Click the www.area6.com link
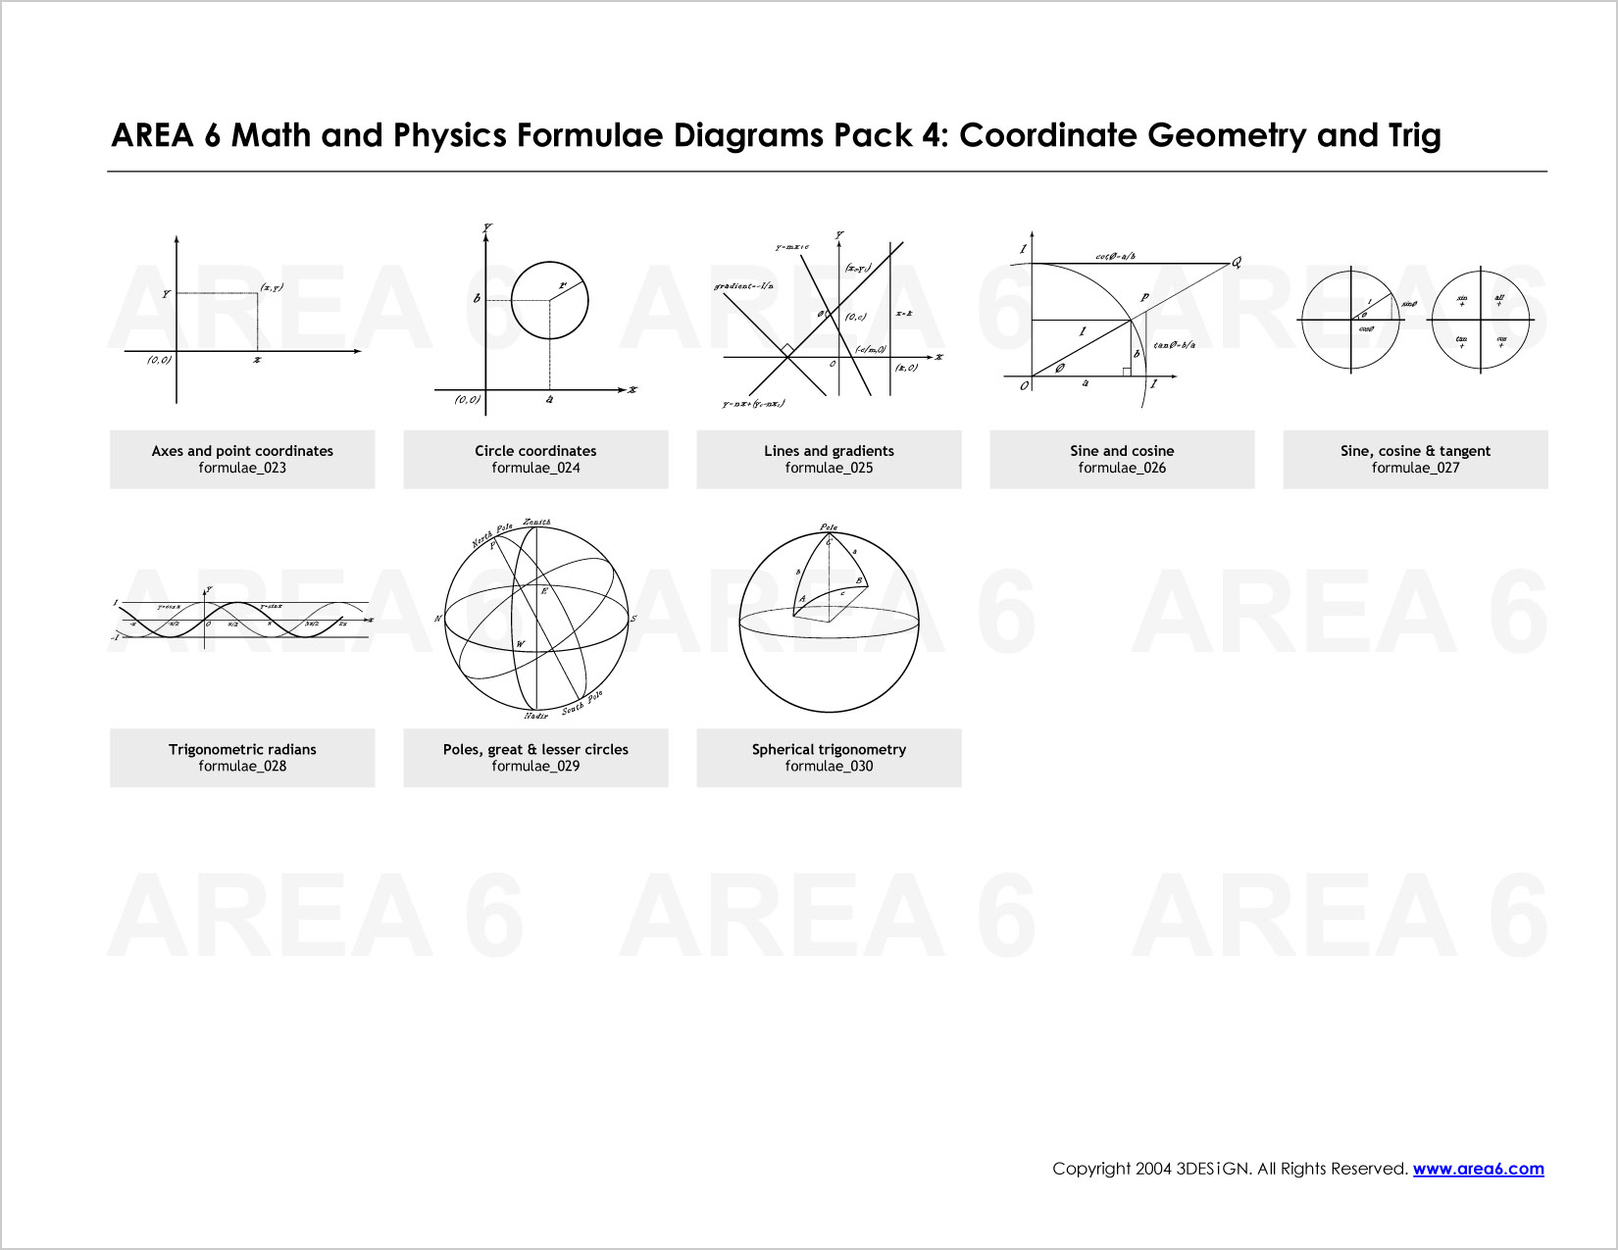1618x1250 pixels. [x=1478, y=1169]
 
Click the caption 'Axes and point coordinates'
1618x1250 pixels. [x=242, y=451]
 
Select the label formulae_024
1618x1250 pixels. [x=535, y=469]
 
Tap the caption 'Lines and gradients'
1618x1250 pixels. [x=829, y=451]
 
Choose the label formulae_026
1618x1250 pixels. [x=1122, y=469]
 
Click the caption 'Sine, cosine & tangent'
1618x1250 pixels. [x=1415, y=451]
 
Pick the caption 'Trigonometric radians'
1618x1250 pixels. [x=242, y=750]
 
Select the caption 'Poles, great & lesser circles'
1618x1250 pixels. [x=535, y=750]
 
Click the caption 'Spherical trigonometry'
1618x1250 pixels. [x=829, y=750]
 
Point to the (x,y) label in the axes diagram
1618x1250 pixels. [x=272, y=287]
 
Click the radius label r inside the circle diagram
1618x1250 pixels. [x=563, y=286]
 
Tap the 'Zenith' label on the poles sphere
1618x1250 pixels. [x=536, y=523]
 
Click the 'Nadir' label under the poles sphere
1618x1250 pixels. [x=535, y=717]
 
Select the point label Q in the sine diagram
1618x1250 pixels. [x=1237, y=262]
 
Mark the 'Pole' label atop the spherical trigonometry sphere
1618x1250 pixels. [x=829, y=527]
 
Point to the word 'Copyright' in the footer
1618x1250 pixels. [x=1090, y=1169]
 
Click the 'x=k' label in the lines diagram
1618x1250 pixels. [x=903, y=314]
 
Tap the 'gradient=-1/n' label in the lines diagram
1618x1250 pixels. [x=743, y=286]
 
